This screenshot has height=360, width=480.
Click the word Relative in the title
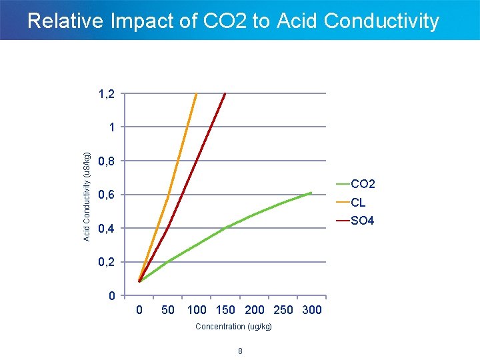pos(65,21)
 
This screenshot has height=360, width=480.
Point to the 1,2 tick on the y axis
pos(106,95)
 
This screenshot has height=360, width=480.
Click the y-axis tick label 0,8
pos(106,161)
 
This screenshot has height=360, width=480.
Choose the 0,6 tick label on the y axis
pos(106,195)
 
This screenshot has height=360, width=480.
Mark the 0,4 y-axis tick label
pos(106,229)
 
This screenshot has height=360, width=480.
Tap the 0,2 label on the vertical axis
pos(106,263)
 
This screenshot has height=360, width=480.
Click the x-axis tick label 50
pos(168,310)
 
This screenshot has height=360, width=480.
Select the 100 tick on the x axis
pos(197,310)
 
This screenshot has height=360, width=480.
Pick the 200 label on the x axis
pos(255,310)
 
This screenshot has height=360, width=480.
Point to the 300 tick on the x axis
pos(311,310)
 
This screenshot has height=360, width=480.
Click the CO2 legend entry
pos(363,184)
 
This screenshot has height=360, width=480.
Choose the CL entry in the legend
pos(358,203)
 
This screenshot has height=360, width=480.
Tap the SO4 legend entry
pos(362,221)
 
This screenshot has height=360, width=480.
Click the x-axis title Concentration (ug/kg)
pos(233,327)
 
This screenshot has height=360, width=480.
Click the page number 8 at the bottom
pos(240,351)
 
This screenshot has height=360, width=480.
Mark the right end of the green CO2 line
pos(311,193)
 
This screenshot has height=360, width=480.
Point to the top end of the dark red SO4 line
pos(225,94)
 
